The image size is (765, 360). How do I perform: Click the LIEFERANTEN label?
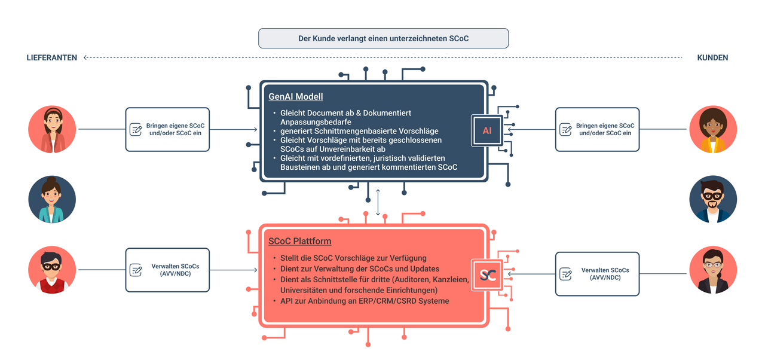tap(52, 58)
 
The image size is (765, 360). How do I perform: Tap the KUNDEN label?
tap(712, 58)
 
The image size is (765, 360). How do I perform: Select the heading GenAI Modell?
tap(295, 97)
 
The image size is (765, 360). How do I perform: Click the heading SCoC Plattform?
tap(299, 241)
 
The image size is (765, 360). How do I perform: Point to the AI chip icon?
tap(487, 130)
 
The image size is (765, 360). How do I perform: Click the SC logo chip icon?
tap(487, 275)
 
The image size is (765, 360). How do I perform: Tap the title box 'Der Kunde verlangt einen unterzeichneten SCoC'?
tap(384, 38)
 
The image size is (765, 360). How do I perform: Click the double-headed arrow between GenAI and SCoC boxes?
tap(378, 202)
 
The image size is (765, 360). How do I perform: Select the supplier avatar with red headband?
tap(52, 129)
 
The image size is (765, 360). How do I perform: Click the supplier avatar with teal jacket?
tap(52, 200)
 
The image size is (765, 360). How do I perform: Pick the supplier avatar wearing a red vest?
tap(52, 270)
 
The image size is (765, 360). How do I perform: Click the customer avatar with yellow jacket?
tap(713, 129)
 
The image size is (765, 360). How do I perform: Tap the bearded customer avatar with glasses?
tap(713, 200)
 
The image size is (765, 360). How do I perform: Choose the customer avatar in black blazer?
tap(713, 270)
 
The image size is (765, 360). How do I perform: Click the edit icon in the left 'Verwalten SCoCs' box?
tap(136, 270)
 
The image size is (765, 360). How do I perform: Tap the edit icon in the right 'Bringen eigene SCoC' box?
tap(566, 129)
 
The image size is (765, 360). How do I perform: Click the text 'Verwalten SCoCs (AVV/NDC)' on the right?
tap(605, 274)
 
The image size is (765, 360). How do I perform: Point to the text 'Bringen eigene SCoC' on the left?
tap(176, 126)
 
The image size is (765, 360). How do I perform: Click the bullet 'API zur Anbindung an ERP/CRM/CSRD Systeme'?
tap(365, 301)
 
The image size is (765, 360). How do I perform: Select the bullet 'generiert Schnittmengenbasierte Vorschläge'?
tap(359, 131)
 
